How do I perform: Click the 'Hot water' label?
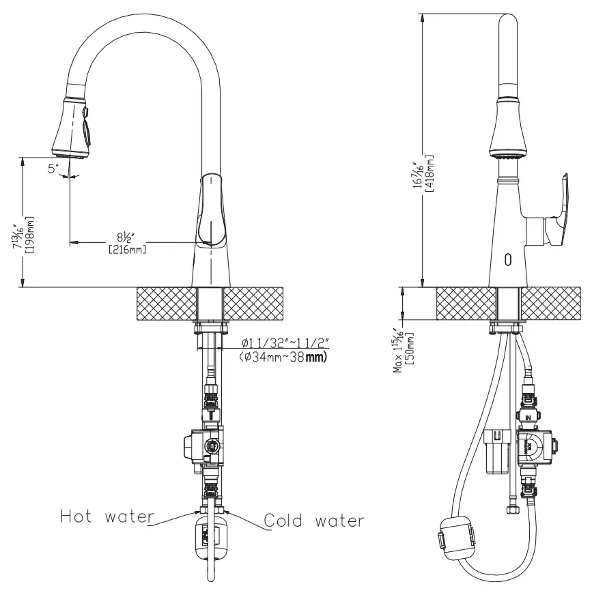[x=105, y=516]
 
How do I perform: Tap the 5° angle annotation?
[x=53, y=168]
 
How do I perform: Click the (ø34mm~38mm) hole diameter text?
[x=283, y=355]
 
